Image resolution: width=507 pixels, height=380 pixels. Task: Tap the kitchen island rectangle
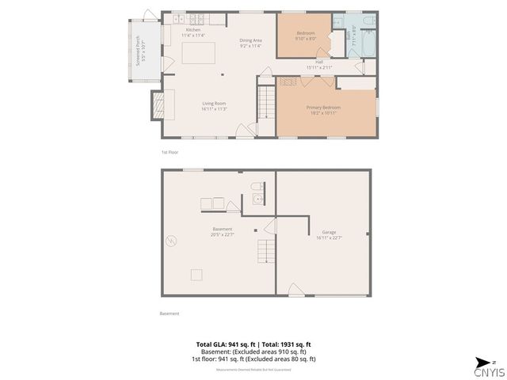coord(199,53)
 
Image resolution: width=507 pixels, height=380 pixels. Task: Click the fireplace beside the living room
coord(158,104)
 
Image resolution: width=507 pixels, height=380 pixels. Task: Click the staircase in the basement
coord(263,253)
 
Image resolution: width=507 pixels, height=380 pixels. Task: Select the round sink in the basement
coord(257,199)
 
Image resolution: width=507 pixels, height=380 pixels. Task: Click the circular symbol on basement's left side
coord(170,241)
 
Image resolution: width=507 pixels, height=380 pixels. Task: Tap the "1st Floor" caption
coord(169,150)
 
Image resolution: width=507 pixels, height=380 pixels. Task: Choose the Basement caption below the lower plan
coord(170,313)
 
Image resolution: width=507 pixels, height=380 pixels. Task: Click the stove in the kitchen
coord(176,17)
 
